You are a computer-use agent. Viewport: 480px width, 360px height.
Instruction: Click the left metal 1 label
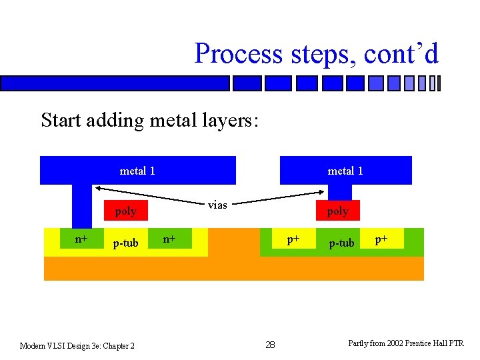[137, 171]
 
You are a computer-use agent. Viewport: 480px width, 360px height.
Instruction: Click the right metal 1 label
[345, 171]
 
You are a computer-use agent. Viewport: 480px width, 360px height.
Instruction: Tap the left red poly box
[125, 211]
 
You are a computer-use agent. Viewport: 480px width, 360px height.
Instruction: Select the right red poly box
[337, 211]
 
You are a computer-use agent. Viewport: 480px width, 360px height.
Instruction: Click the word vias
[217, 205]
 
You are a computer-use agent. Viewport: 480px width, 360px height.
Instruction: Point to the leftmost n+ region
[81, 239]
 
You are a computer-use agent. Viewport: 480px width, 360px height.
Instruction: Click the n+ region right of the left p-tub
[169, 239]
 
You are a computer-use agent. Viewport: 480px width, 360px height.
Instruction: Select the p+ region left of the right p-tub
[293, 239]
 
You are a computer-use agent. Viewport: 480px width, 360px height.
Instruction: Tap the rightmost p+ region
[381, 239]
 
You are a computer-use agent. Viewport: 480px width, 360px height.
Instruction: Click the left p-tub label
[125, 243]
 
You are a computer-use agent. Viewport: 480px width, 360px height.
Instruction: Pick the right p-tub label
[341, 243]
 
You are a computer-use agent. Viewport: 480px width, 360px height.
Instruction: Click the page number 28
[270, 345]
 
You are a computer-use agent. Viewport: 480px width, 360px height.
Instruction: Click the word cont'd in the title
[401, 53]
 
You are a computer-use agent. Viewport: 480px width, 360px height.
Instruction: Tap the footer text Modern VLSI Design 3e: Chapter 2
[77, 345]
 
